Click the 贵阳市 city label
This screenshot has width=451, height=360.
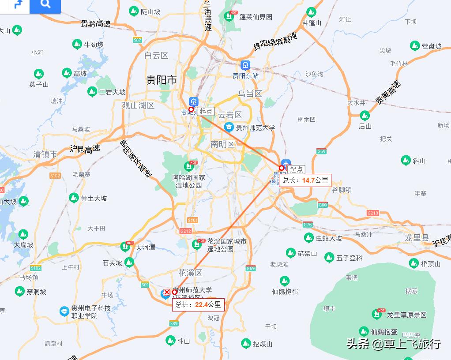162,80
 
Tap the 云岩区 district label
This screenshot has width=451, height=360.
230,115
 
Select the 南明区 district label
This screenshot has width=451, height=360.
222,144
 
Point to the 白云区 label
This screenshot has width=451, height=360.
157,55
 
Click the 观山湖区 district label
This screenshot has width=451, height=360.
138,105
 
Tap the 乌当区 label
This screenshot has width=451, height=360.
250,94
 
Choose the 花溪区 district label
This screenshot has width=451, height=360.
190,273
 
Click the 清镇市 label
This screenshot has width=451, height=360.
45,154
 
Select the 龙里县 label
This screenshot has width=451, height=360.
417,238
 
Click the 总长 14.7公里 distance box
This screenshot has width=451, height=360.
305,180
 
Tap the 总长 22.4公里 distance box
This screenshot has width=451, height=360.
198,304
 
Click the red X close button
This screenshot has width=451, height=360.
167,292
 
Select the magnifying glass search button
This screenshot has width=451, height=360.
45,5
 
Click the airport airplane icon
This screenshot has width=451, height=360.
286,163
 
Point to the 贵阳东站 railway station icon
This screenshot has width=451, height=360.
245,65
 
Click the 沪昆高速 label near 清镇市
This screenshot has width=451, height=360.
85,149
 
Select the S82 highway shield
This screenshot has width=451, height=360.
137,40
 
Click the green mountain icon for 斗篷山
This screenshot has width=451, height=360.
312,12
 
